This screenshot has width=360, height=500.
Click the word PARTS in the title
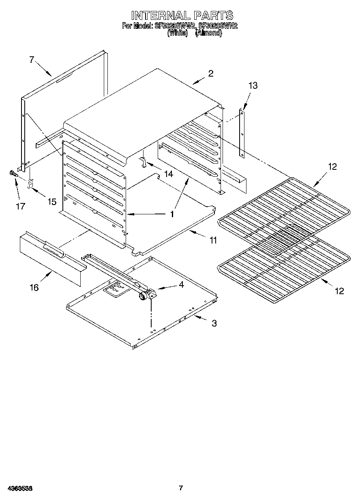point(213,15)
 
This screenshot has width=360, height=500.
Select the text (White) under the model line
point(178,34)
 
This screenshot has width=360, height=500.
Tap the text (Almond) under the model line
point(208,34)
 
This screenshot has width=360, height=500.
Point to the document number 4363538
point(20,488)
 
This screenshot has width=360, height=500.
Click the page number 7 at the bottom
point(181,488)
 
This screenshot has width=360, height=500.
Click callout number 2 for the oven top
point(210,74)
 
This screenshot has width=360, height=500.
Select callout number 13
point(253,85)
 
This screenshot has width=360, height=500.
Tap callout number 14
point(168,174)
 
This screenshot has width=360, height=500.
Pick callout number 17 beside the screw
point(20,206)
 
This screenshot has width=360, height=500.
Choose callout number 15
point(52,201)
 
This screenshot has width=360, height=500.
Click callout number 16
point(34,287)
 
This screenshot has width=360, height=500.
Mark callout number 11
point(213,240)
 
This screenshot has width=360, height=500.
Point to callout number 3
point(214,323)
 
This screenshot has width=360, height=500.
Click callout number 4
point(181,285)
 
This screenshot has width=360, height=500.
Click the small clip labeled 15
point(30,184)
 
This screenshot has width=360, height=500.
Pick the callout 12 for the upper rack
point(332,167)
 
